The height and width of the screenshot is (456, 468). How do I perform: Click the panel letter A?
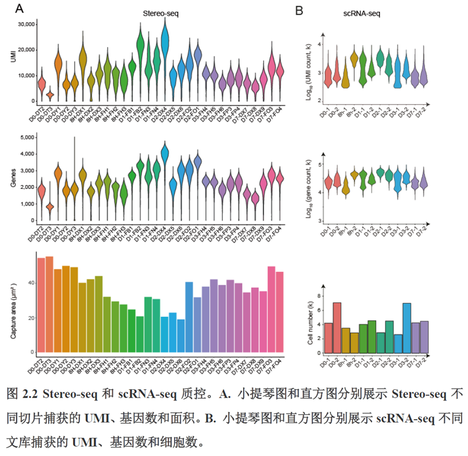[19, 9]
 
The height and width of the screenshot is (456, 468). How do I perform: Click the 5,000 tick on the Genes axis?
[26, 137]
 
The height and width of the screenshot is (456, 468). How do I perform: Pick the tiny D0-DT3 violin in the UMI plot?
[50, 94]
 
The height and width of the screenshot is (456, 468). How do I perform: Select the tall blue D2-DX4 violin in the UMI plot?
[165, 42]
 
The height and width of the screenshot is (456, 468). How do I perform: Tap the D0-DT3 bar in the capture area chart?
[49, 306]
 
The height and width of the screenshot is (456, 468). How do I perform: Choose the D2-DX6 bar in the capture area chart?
[181, 337]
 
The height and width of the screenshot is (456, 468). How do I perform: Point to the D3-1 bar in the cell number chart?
[398, 344]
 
